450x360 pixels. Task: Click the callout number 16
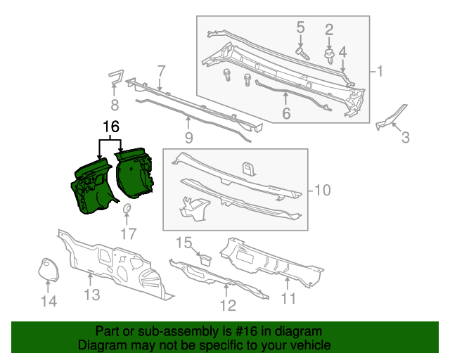click(111, 127)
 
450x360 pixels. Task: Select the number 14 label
click(47, 302)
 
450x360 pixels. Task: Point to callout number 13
click(93, 295)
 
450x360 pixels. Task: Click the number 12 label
click(227, 304)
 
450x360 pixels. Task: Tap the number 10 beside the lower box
click(321, 191)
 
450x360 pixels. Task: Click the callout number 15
click(183, 243)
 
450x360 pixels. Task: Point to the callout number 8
click(114, 106)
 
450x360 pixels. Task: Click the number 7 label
click(161, 70)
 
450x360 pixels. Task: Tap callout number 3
click(404, 139)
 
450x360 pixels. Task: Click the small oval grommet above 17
click(128, 210)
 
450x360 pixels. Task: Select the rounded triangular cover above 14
click(48, 270)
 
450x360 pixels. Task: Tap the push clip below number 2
click(329, 54)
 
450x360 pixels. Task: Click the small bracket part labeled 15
click(204, 258)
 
